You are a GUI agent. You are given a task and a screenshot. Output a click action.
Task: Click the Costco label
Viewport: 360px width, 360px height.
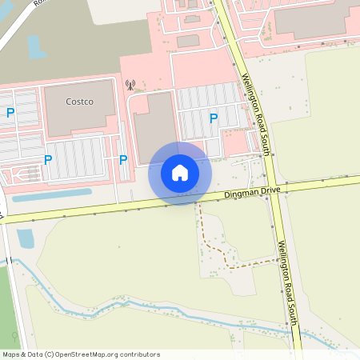[x=80, y=102]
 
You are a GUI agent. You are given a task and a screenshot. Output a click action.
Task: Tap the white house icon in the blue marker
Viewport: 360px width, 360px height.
[x=180, y=172]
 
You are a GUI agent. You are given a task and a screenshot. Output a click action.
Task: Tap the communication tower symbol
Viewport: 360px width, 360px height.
[x=130, y=83]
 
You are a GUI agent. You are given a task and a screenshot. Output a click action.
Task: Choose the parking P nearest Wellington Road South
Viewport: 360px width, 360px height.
[x=214, y=118]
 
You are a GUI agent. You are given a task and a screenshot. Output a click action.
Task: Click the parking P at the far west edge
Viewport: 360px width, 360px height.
[x=10, y=113]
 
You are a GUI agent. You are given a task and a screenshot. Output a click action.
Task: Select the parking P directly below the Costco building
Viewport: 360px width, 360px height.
[x=48, y=160]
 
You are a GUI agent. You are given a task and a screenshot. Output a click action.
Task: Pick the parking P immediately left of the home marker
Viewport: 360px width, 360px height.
[x=123, y=160]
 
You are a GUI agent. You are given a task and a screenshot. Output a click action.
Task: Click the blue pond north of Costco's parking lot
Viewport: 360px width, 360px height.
[x=36, y=46]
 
